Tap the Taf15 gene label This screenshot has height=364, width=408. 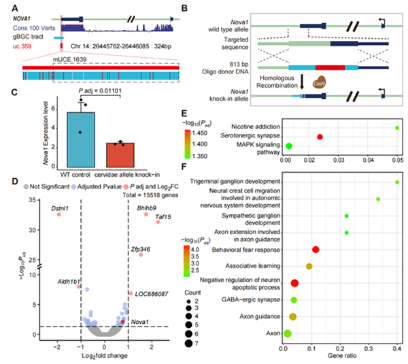click(163, 216)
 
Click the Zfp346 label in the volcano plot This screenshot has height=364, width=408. click(141, 250)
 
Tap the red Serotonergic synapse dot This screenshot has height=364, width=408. click(320, 137)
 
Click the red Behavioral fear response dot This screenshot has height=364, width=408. click(315, 250)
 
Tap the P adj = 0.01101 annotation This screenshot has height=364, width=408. click(101, 90)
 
